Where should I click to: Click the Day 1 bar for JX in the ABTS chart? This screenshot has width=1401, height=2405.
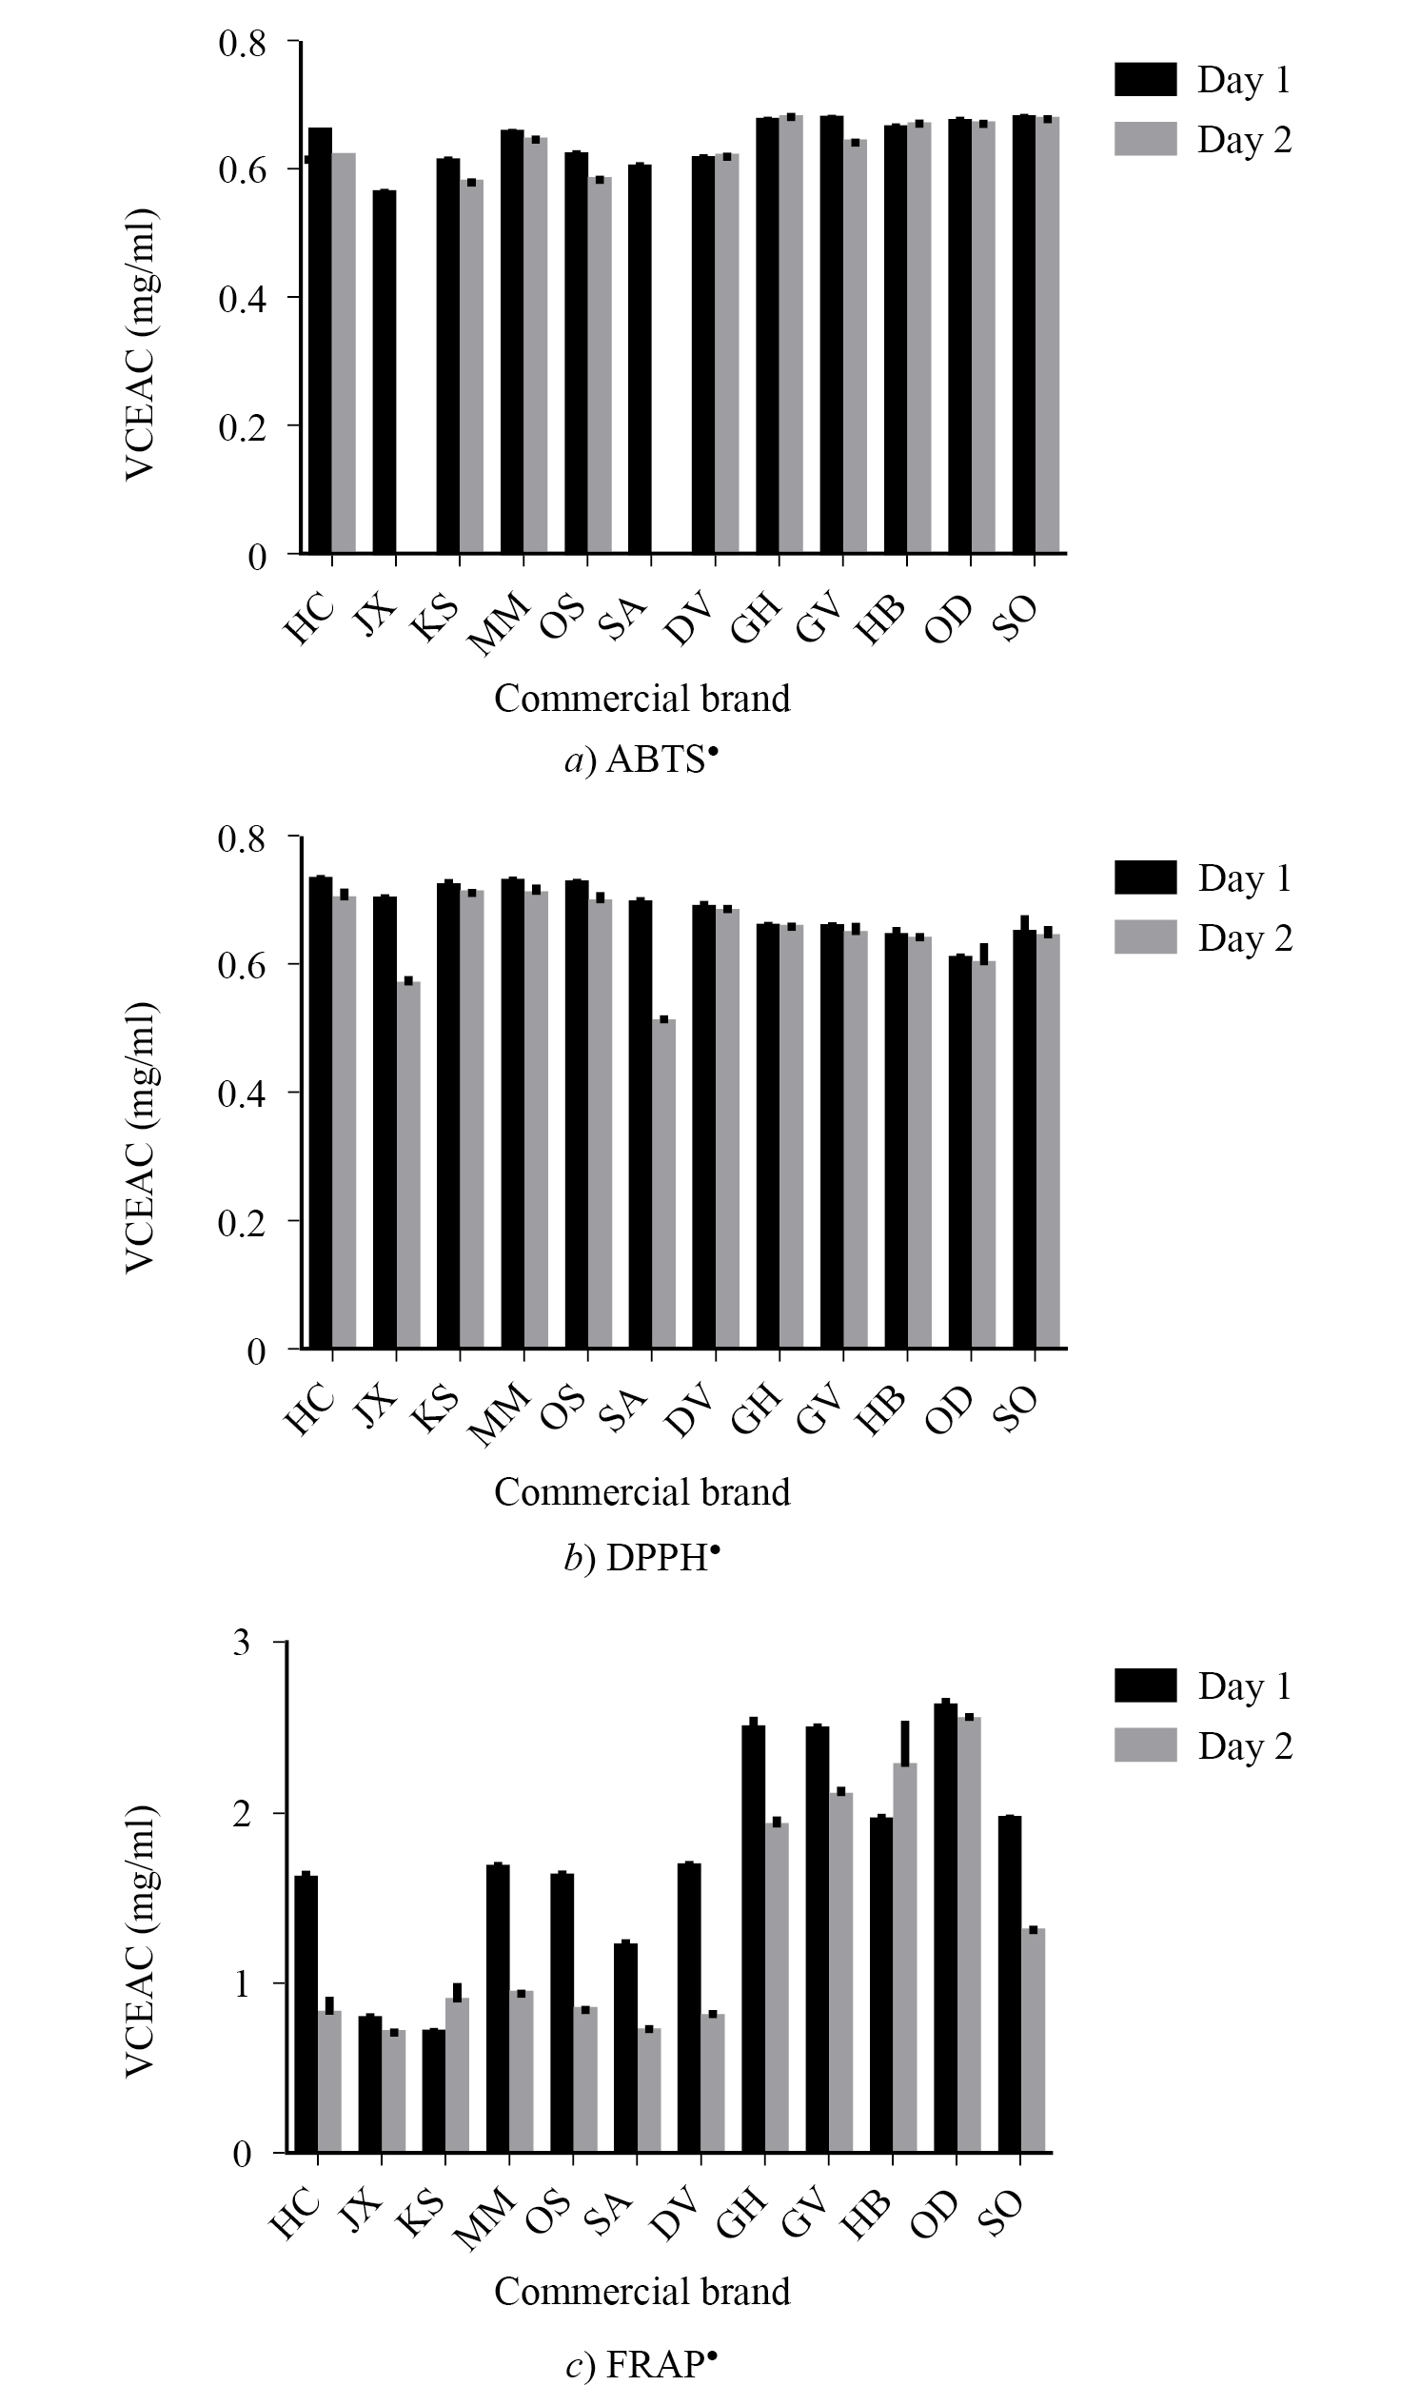click(x=385, y=372)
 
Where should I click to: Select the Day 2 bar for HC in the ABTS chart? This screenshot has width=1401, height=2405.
click(x=344, y=353)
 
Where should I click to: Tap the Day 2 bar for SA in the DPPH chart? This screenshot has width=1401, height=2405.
click(x=664, y=1183)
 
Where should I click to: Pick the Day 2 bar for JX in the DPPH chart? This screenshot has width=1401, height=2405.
click(x=408, y=1164)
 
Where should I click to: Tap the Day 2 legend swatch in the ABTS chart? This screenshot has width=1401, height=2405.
click(x=1145, y=138)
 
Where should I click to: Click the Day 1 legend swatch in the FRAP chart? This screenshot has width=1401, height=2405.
click(x=1145, y=1685)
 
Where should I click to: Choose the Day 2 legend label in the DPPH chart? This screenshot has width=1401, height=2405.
click(x=1245, y=938)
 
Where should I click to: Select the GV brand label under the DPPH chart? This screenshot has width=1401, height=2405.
click(x=819, y=1410)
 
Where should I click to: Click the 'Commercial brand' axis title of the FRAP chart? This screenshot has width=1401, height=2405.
click(x=642, y=2291)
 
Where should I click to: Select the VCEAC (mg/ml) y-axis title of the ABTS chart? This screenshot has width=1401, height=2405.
click(x=141, y=345)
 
